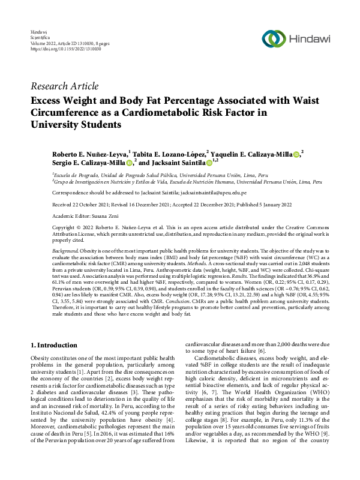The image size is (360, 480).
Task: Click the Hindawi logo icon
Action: [274, 38]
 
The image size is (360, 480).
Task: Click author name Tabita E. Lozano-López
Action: [169, 154]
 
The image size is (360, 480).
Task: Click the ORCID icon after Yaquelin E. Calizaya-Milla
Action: [297, 154]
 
